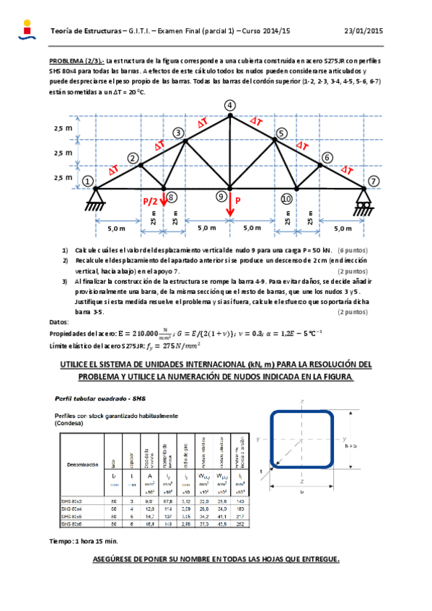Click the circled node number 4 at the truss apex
(x=229, y=106)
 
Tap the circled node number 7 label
(x=373, y=181)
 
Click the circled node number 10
(x=286, y=198)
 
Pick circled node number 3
(x=177, y=133)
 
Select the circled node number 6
(x=327, y=157)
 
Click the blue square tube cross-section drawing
(x=301, y=438)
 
